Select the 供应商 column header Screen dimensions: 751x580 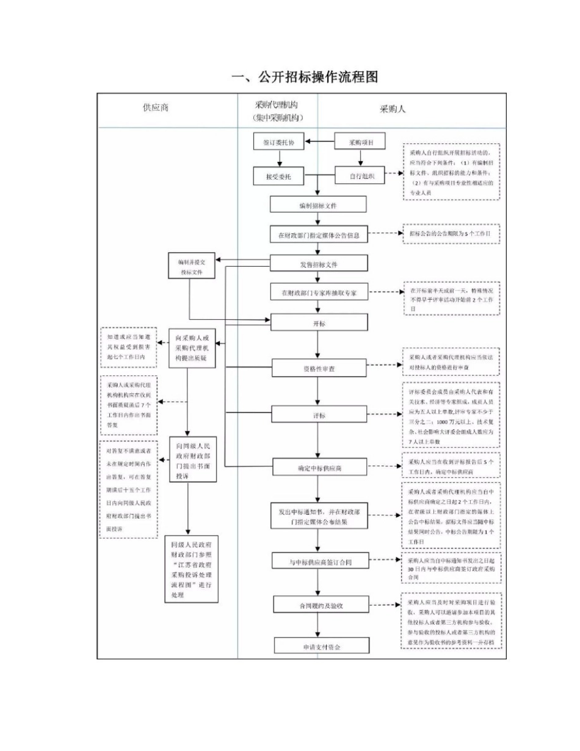click(156, 109)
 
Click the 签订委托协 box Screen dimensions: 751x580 click(279, 142)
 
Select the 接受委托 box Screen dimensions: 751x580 click(279, 176)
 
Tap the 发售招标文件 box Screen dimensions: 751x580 click(319, 264)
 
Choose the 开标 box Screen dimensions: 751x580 click(319, 322)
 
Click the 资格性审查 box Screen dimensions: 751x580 click(319, 368)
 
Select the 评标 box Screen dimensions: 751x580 click(319, 415)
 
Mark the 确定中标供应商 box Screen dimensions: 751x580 click(319, 468)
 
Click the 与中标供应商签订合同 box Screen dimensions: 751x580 click(319, 561)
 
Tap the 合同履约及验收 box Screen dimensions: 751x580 click(319, 605)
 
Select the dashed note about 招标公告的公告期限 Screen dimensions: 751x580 click(451, 234)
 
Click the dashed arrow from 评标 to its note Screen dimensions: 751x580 click(383, 415)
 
